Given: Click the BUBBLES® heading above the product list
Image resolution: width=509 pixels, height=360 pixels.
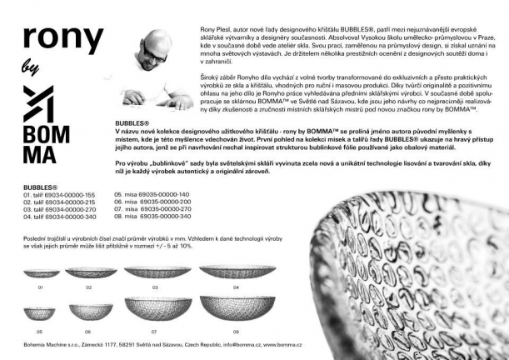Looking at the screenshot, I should tap(41, 187).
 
